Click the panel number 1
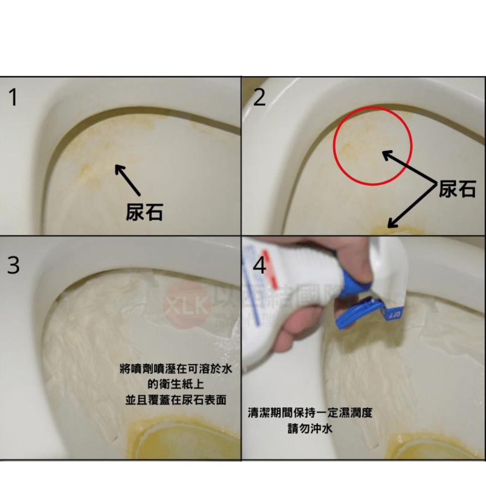[x=13, y=98]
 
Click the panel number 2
[x=260, y=98]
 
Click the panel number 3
[x=14, y=266]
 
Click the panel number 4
[x=260, y=266]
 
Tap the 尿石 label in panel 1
[x=144, y=212]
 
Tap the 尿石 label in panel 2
[x=457, y=189]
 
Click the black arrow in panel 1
[x=127, y=180]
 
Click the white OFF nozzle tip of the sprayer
[x=395, y=314]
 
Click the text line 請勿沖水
[x=310, y=429]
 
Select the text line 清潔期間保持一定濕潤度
[x=310, y=414]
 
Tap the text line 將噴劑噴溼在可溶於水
[x=175, y=369]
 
